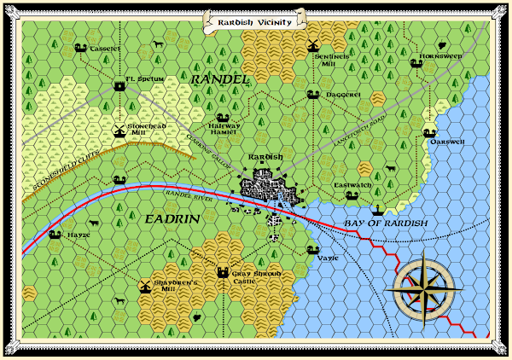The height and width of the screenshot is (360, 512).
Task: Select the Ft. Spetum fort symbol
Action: (x=119, y=85)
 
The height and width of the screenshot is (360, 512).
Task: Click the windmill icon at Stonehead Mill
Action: (x=119, y=131)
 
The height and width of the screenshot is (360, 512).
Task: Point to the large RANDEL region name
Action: (x=220, y=79)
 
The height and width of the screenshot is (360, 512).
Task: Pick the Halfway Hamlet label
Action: (x=225, y=129)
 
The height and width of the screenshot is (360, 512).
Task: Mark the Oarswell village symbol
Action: (x=428, y=133)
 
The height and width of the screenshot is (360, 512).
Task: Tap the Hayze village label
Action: (x=79, y=235)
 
